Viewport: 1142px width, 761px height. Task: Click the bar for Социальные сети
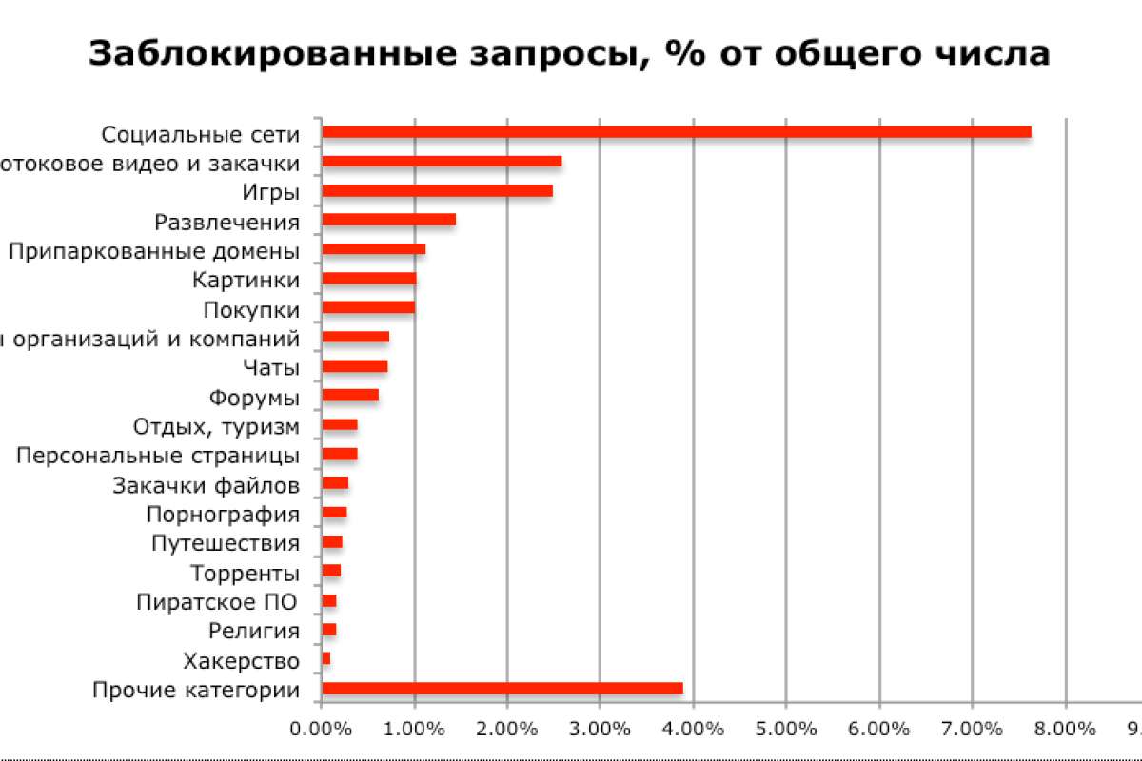(x=676, y=132)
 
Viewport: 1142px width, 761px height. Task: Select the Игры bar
(x=437, y=191)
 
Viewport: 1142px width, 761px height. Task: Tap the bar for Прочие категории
(x=502, y=689)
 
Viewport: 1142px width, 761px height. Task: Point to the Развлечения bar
(x=388, y=220)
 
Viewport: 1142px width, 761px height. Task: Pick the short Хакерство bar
(x=325, y=658)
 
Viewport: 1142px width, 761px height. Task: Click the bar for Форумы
(x=350, y=396)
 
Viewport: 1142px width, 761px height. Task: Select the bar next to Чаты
(x=354, y=366)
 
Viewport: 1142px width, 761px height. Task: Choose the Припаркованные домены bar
(x=373, y=249)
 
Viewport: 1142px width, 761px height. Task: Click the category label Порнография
(x=223, y=515)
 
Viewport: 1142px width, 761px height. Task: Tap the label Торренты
(x=245, y=574)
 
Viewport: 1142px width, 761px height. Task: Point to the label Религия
(x=253, y=631)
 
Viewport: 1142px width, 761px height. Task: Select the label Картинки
(x=246, y=280)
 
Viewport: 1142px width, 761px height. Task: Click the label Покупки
(x=251, y=310)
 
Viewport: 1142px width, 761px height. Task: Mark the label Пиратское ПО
(x=217, y=602)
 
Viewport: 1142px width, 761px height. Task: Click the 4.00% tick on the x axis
(x=693, y=730)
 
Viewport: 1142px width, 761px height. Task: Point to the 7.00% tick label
(x=972, y=730)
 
